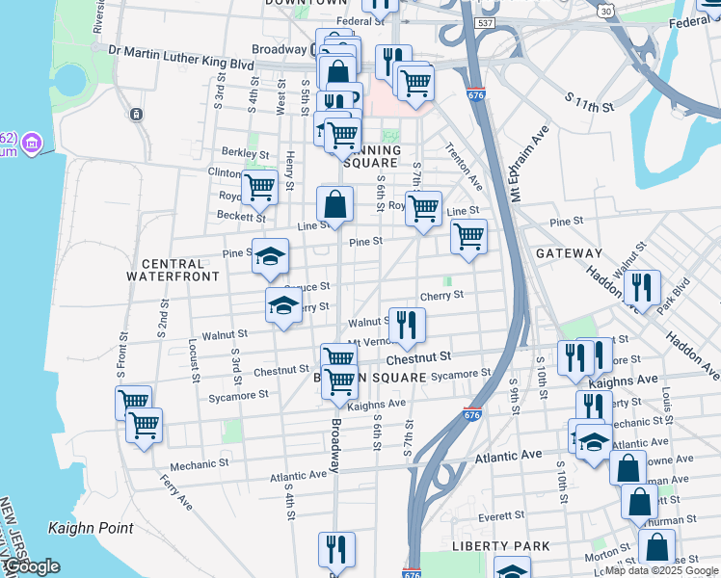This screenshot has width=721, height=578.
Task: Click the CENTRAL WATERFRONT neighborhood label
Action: (x=174, y=269)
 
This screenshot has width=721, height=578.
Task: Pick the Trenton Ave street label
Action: (x=463, y=167)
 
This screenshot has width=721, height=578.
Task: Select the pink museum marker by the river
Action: (x=32, y=143)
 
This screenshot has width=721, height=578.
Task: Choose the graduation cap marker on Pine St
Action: (x=271, y=255)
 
